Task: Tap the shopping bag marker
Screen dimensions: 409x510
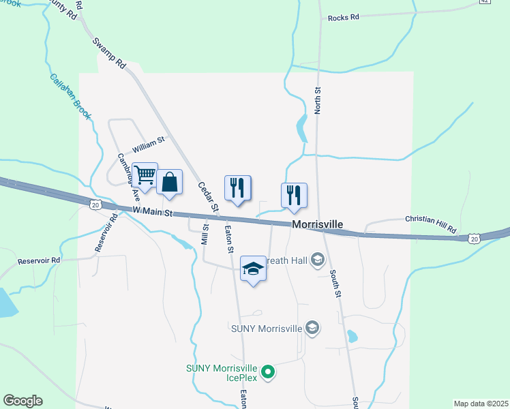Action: click(x=170, y=182)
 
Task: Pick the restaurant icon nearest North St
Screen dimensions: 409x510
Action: click(x=294, y=195)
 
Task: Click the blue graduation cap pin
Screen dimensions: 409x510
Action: click(x=253, y=269)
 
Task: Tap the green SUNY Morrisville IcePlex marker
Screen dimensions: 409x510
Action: click(x=269, y=372)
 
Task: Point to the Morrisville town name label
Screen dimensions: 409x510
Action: click(x=317, y=224)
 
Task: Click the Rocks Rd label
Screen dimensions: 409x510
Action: click(x=343, y=18)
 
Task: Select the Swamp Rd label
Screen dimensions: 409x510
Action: click(x=110, y=52)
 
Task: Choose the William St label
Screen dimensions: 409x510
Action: click(x=149, y=145)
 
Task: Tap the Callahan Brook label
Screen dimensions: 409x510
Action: click(x=70, y=95)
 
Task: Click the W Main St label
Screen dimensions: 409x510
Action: click(x=151, y=211)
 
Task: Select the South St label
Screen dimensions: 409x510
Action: click(x=335, y=283)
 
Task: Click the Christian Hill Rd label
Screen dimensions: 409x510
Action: click(x=430, y=224)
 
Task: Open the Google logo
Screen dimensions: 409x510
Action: click(x=22, y=401)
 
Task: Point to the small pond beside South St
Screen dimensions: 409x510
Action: click(x=352, y=336)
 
